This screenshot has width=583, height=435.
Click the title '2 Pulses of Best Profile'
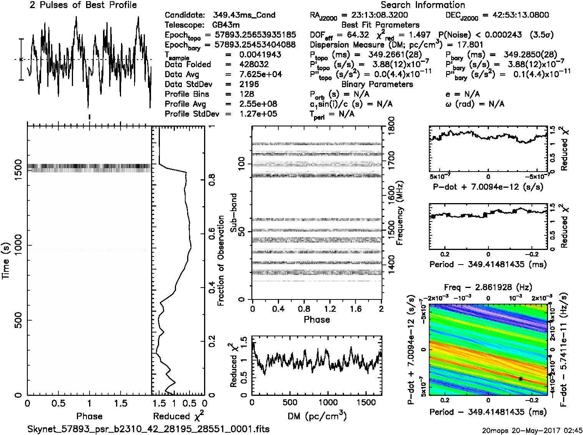[x=83, y=5]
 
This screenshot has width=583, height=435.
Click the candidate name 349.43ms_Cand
[x=244, y=15]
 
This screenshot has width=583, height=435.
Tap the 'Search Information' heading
[x=423, y=5]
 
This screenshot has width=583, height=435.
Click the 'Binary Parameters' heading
[x=377, y=84]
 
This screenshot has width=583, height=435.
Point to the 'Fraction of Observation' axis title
[x=221, y=261]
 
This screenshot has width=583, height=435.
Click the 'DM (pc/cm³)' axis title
[x=317, y=415]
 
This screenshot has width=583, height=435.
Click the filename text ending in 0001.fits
[x=148, y=429]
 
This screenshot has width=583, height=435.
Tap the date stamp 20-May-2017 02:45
[x=532, y=430]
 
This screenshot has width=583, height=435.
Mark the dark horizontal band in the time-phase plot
[x=89, y=167]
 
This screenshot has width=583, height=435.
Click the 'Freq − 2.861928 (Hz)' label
[x=488, y=287]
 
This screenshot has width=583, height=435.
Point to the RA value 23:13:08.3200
[x=374, y=15]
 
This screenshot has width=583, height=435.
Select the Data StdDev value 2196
[x=249, y=84]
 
